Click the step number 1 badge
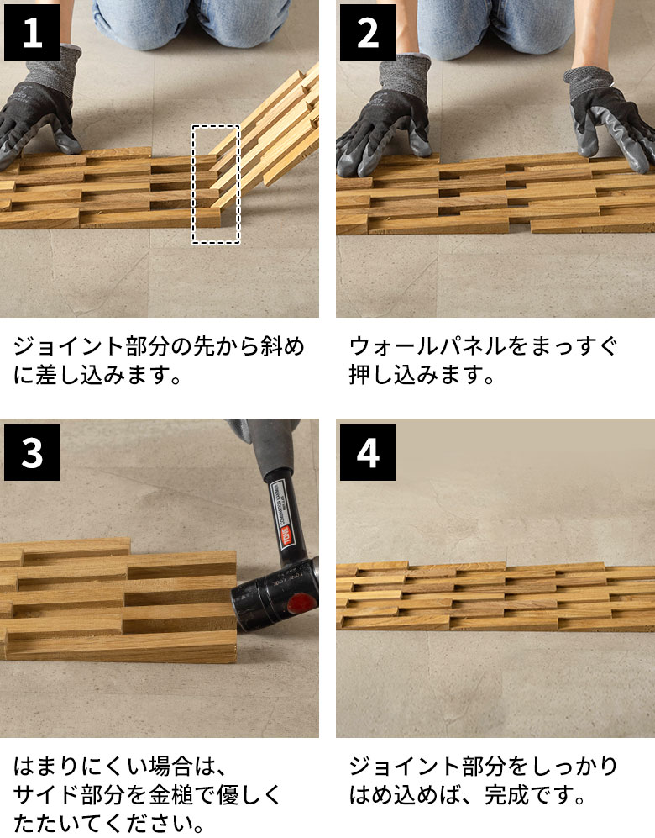32,32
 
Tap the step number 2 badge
368,32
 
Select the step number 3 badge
32,452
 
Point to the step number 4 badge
368,452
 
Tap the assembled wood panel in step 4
495,596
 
